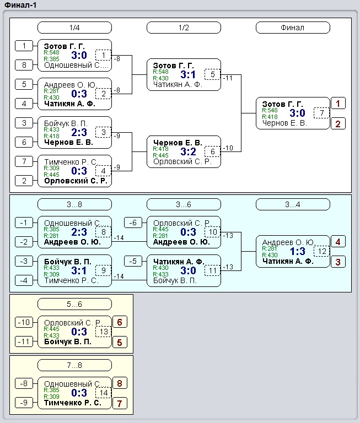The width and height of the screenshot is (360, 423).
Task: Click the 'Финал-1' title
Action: click(x=20, y=5)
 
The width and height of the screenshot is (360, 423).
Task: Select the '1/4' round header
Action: click(x=74, y=28)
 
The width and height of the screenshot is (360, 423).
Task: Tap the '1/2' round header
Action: click(x=184, y=28)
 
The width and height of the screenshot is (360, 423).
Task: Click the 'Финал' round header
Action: click(x=293, y=28)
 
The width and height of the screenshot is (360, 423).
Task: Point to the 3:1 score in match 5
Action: click(x=188, y=74)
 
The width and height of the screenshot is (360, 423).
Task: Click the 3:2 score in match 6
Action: click(x=188, y=151)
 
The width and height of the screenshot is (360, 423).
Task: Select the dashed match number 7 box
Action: click(x=321, y=113)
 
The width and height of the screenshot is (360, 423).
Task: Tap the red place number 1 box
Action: click(x=338, y=104)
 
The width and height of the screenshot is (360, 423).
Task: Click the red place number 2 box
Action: click(x=338, y=124)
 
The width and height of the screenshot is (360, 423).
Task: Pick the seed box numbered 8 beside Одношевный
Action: click(x=24, y=65)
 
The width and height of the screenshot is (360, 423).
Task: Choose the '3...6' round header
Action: click(x=184, y=204)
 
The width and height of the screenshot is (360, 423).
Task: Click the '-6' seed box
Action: click(x=133, y=223)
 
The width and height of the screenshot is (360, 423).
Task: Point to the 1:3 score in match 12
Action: click(x=297, y=251)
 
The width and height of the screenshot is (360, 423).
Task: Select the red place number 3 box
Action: click(x=338, y=262)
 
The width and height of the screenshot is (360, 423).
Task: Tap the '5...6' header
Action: click(x=74, y=304)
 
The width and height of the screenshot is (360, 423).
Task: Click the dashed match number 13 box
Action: click(x=104, y=332)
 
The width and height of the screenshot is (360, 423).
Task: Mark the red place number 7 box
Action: click(x=120, y=404)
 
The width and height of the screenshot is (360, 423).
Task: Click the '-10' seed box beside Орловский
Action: click(x=24, y=322)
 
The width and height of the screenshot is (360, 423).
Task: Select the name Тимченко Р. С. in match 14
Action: click(x=73, y=403)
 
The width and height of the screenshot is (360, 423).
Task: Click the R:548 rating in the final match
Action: click(x=270, y=110)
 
